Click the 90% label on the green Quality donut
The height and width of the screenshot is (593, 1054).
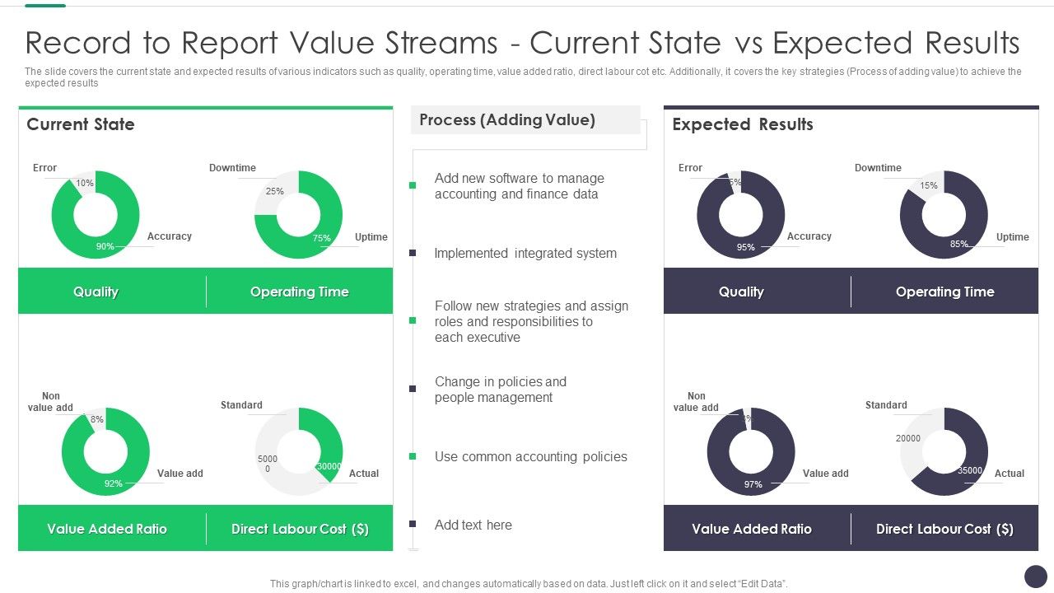(x=105, y=246)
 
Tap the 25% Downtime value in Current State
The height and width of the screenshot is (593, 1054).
(x=274, y=191)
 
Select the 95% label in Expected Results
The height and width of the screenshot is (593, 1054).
(x=746, y=247)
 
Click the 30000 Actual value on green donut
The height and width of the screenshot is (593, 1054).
(x=329, y=466)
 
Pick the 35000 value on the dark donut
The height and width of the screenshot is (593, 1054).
(x=969, y=471)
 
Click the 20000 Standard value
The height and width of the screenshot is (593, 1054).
(x=908, y=438)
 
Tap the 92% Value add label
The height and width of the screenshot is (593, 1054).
(x=113, y=483)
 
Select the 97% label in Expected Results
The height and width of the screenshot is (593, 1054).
(x=753, y=484)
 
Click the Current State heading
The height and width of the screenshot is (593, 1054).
(x=81, y=124)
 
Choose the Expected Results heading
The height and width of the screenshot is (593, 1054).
(x=742, y=124)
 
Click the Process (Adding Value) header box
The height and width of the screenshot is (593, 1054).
(x=525, y=120)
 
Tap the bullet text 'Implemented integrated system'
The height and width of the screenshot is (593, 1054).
(x=525, y=254)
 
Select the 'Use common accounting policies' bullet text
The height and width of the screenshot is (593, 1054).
(x=530, y=457)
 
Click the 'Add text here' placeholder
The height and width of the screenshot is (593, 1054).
(x=473, y=525)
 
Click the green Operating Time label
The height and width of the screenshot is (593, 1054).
(x=299, y=292)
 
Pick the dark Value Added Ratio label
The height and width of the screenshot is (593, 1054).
(x=752, y=529)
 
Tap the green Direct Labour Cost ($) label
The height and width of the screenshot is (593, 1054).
(x=300, y=529)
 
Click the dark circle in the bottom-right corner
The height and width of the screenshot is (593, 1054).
(x=1035, y=576)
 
